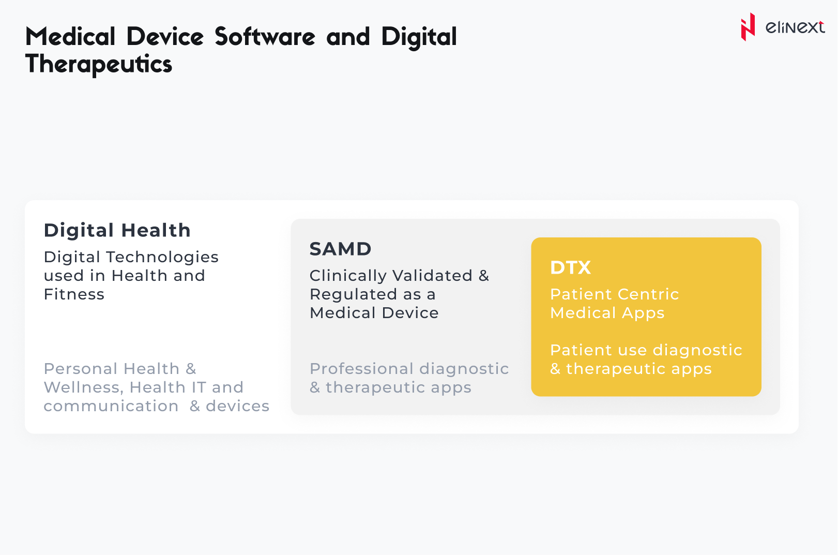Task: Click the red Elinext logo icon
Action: [x=748, y=27]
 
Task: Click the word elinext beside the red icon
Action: [x=795, y=27]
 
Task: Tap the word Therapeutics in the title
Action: [x=99, y=64]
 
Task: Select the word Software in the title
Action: [x=265, y=37]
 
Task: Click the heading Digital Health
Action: [x=117, y=230]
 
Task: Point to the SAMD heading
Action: [x=341, y=249]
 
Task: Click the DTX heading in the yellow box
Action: [x=571, y=267]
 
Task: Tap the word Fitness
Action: [x=74, y=294]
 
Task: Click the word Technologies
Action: [x=162, y=258]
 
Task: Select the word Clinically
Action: [x=348, y=276]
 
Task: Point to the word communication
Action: [x=111, y=406]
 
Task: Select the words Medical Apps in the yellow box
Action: [x=607, y=313]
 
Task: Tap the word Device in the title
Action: [x=165, y=37]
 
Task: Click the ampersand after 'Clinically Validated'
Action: [x=484, y=276]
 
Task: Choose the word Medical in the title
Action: [x=70, y=37]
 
